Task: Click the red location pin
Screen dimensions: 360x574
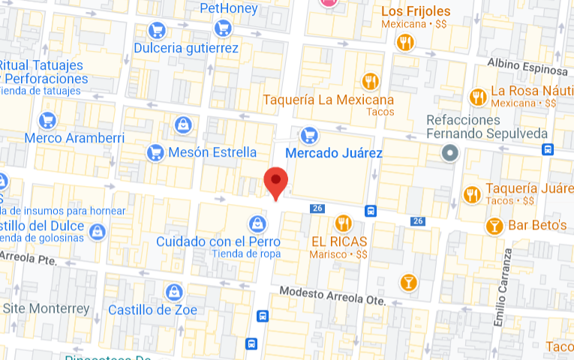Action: [x=277, y=181]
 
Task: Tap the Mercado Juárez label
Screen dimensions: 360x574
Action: [x=335, y=154]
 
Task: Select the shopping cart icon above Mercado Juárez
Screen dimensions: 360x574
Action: [x=308, y=136]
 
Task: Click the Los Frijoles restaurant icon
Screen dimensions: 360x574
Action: [x=406, y=42]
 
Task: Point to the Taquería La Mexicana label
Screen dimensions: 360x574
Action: [x=328, y=100]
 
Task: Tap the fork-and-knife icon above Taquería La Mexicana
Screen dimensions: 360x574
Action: [x=369, y=80]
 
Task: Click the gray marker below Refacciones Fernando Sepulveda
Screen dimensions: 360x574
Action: [x=450, y=154]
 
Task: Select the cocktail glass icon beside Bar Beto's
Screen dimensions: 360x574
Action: [x=494, y=225]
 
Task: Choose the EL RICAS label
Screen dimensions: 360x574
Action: [x=339, y=241]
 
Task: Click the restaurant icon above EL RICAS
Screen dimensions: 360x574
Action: [x=343, y=223]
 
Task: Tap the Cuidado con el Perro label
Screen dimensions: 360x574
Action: [x=218, y=241]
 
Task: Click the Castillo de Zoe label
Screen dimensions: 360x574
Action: [x=152, y=310]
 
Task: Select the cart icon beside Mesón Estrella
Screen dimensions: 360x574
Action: [x=156, y=152]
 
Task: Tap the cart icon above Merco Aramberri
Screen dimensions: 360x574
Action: [x=48, y=120]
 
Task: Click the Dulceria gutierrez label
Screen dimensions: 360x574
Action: [x=186, y=49]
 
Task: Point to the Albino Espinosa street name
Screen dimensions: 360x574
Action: [x=527, y=66]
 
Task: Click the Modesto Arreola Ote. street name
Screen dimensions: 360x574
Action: [x=332, y=295]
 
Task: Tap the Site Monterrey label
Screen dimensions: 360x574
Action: [x=46, y=308]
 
